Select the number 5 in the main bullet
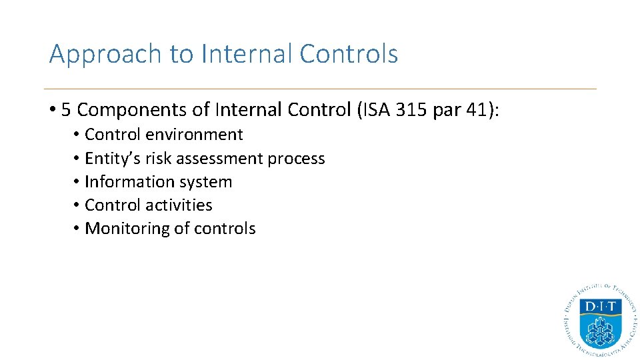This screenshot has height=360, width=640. pyautogui.click(x=66, y=109)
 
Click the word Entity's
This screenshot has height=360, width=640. pyautogui.click(x=109, y=159)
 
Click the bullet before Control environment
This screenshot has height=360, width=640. pyautogui.click(x=77, y=135)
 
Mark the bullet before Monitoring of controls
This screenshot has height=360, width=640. pyautogui.click(x=77, y=229)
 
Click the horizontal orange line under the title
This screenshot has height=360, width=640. pyautogui.click(x=320, y=89)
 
